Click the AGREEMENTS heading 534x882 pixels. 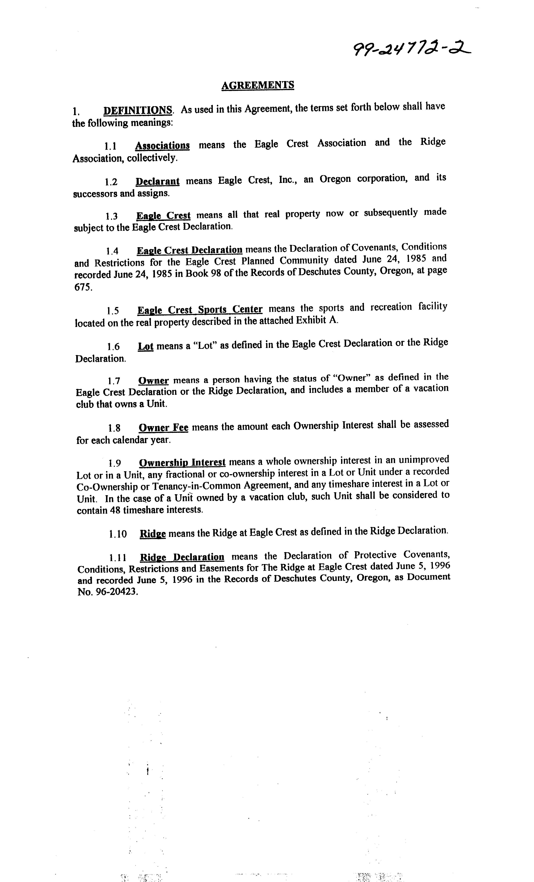[x=258, y=85]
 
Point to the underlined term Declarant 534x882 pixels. [x=157, y=181]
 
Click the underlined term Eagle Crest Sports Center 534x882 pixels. [x=200, y=309]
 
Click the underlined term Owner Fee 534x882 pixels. [x=163, y=428]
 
